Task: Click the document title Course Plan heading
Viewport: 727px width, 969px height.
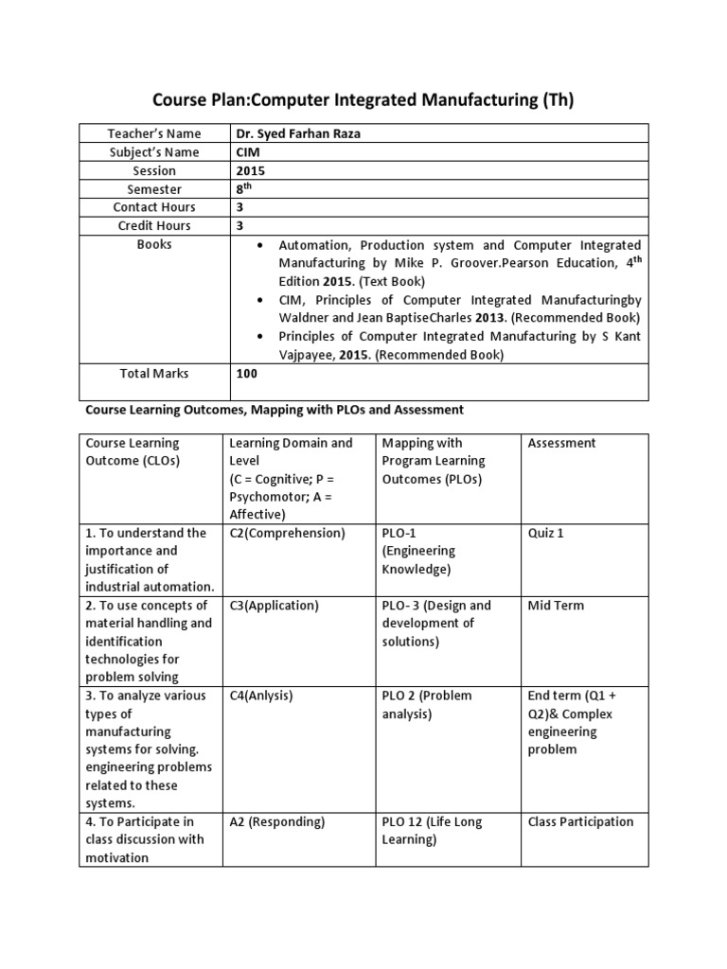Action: [x=363, y=99]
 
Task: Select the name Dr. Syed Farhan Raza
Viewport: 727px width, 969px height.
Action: [x=298, y=134]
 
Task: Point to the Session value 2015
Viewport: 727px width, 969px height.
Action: [x=251, y=171]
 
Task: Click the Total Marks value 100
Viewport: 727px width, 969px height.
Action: [x=248, y=374]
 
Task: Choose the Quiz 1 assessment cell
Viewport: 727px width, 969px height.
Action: [x=545, y=533]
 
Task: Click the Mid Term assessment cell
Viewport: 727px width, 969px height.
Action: [x=556, y=606]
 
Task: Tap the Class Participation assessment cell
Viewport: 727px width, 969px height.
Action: [x=580, y=822]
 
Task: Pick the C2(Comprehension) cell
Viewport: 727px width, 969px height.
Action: [x=288, y=533]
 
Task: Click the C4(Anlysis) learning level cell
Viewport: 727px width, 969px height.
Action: [x=261, y=696]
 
